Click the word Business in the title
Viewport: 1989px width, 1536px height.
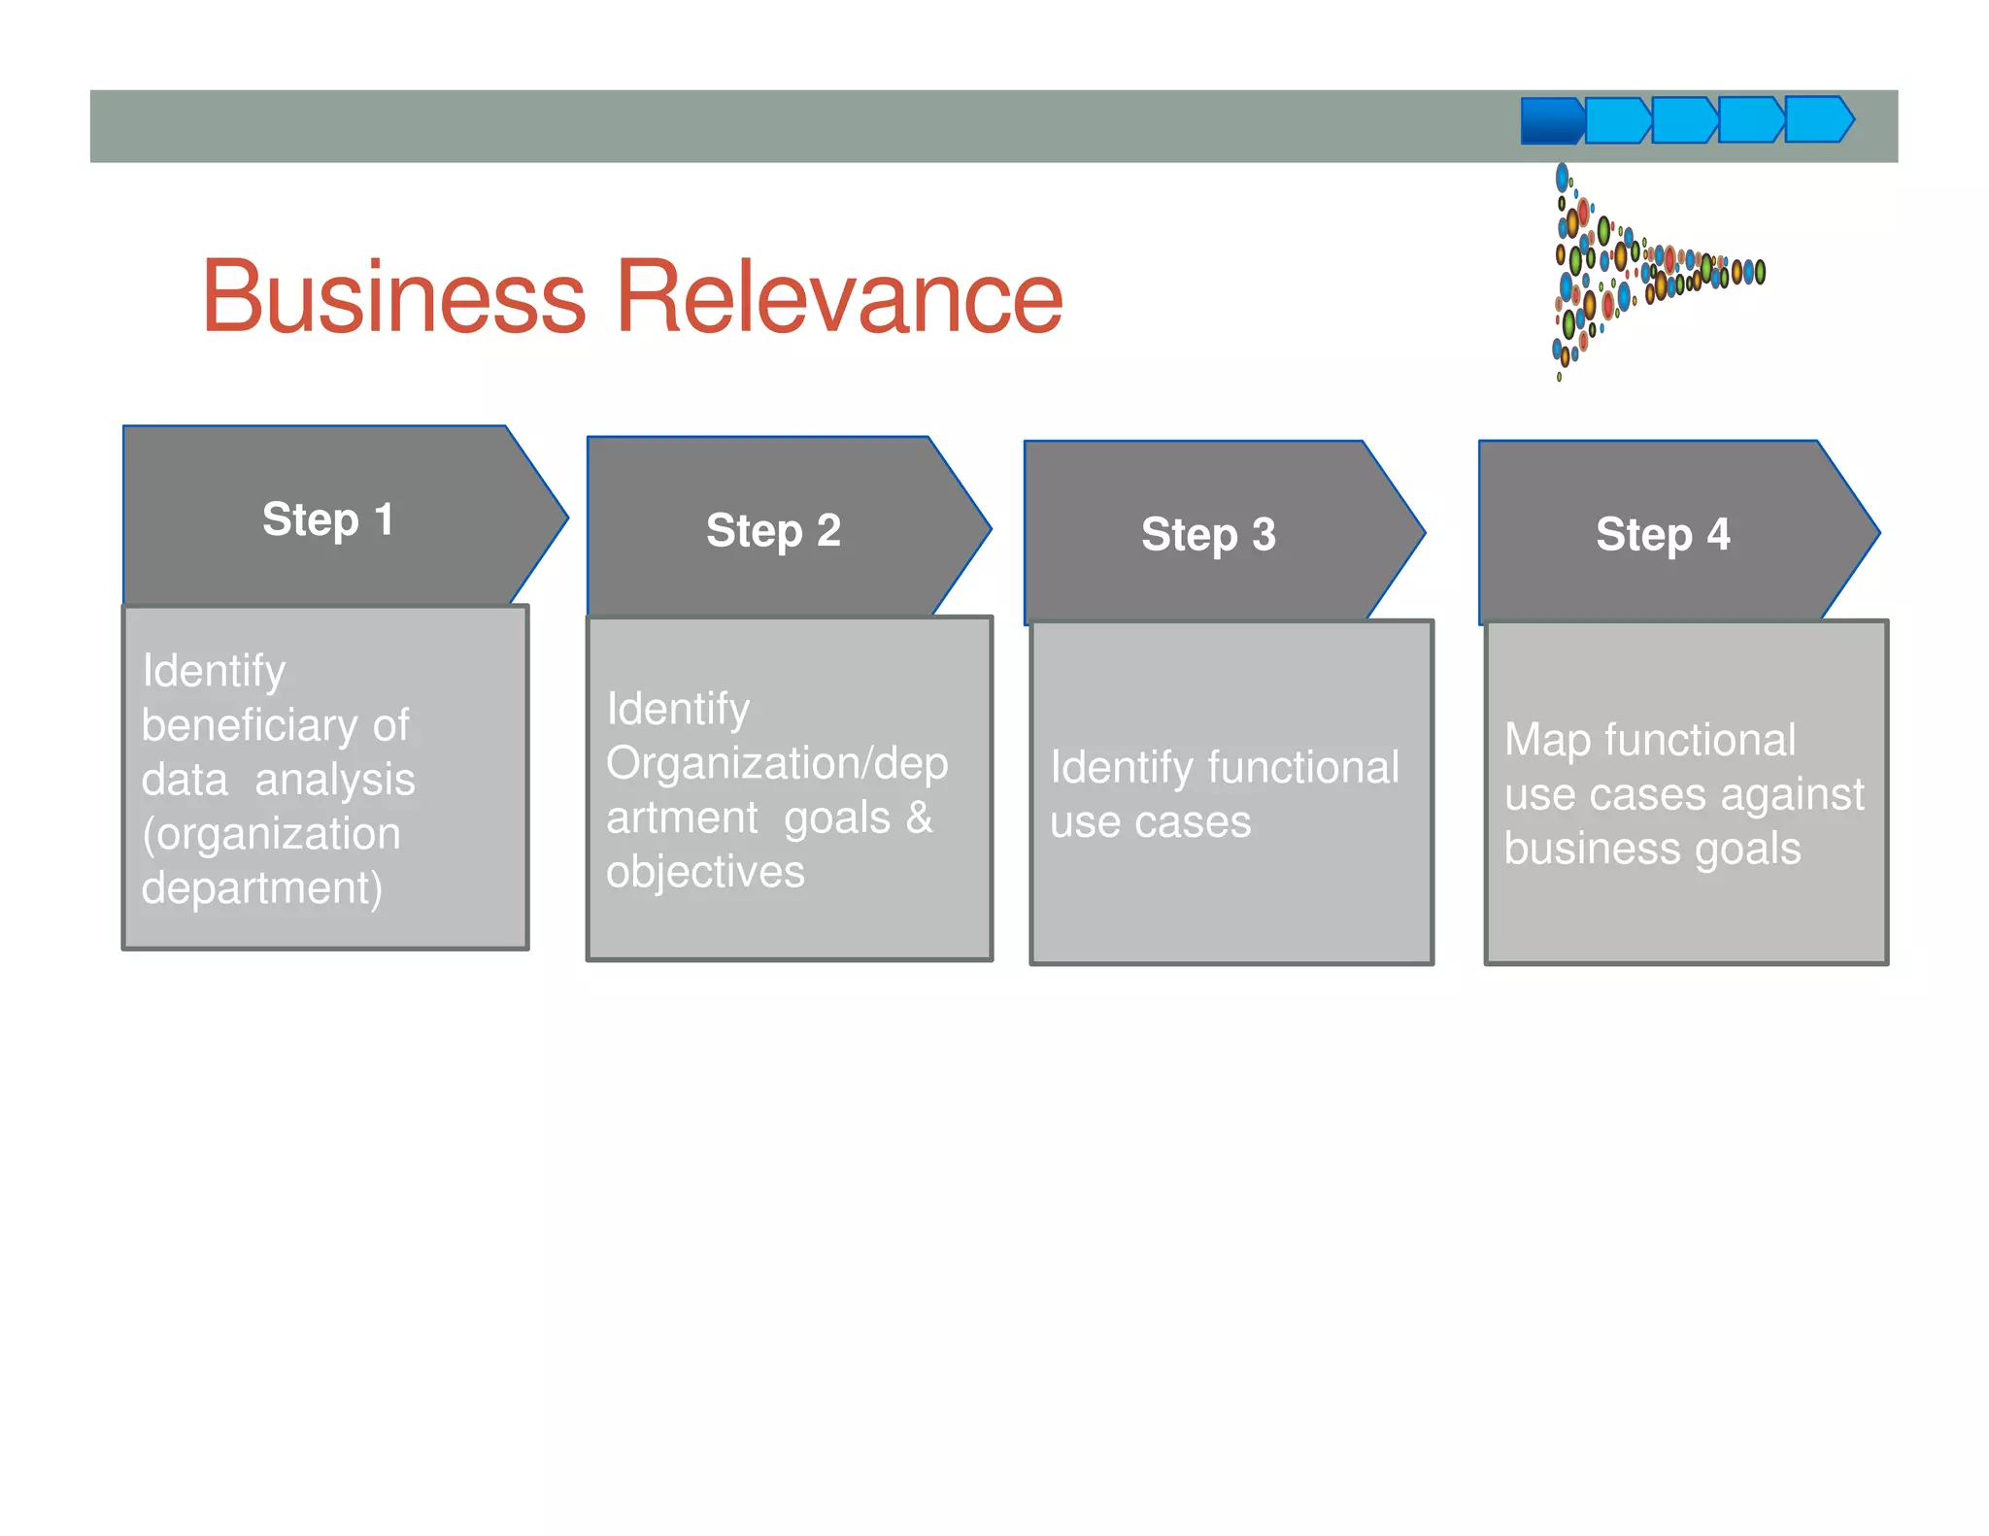coord(393,296)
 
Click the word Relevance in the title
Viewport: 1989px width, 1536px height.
coord(839,296)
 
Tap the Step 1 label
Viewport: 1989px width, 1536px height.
coord(328,519)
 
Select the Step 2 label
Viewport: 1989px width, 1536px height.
coord(773,531)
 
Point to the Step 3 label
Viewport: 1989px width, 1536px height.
coord(1208,535)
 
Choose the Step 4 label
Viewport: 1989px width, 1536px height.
coord(1663,535)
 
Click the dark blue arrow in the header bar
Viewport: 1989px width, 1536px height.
coord(1551,121)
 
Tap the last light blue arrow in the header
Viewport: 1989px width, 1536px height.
coord(1818,119)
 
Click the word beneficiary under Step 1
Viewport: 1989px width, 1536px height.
coord(249,726)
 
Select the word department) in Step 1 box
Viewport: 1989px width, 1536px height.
coord(262,888)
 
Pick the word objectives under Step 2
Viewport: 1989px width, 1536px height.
coord(705,872)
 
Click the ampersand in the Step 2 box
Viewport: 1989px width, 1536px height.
coord(919,818)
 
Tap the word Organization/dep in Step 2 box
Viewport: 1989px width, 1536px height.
coord(777,764)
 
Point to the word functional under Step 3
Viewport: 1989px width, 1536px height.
coord(1303,768)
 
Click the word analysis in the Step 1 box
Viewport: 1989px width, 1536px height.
coord(334,781)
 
